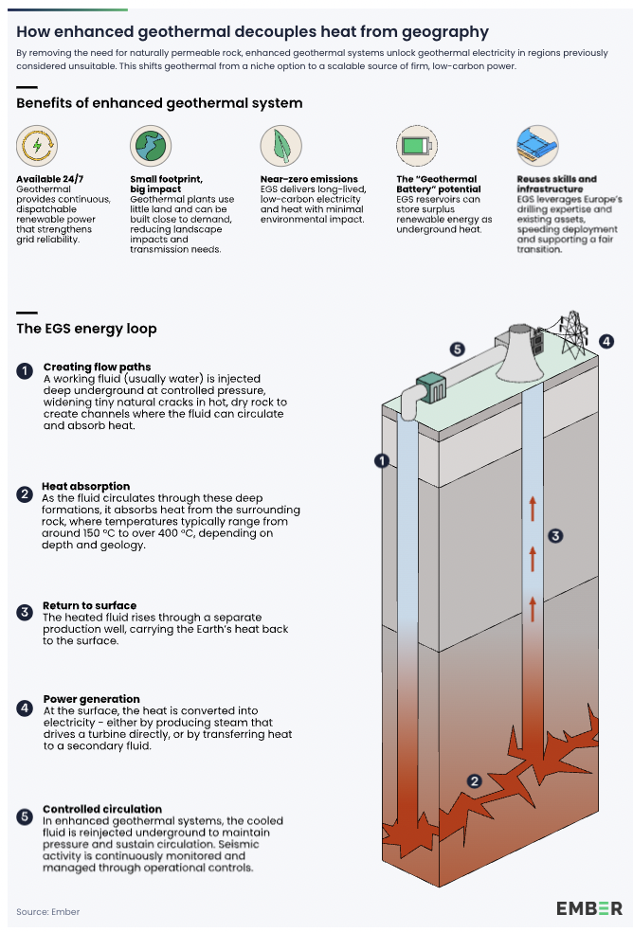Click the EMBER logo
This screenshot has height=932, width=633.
pyautogui.click(x=588, y=907)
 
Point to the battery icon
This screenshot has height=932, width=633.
pyautogui.click(x=416, y=146)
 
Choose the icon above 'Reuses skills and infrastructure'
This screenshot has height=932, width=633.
pyautogui.click(x=537, y=146)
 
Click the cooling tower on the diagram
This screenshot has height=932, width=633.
pyautogui.click(x=518, y=345)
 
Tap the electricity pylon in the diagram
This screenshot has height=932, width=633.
pyautogui.click(x=574, y=333)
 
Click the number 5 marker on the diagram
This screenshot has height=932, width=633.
pyautogui.click(x=457, y=350)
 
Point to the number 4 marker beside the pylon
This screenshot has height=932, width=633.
pyautogui.click(x=606, y=341)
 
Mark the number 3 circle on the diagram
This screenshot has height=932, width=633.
pyautogui.click(x=556, y=535)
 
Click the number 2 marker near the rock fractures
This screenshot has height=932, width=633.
pyautogui.click(x=475, y=781)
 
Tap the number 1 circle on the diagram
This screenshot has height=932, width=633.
pyautogui.click(x=382, y=461)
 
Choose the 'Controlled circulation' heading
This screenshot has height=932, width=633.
pyautogui.click(x=102, y=809)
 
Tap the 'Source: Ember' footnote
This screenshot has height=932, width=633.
pyautogui.click(x=48, y=911)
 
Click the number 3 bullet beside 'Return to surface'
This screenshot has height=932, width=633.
pyautogui.click(x=25, y=613)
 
